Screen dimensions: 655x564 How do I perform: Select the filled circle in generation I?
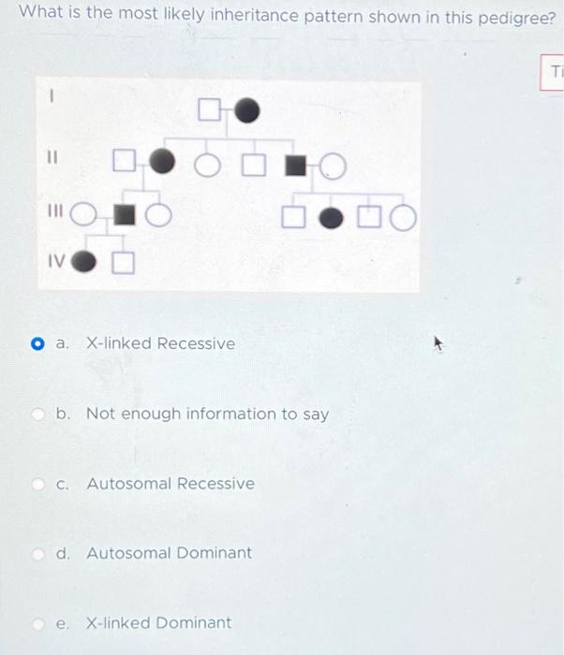(x=246, y=111)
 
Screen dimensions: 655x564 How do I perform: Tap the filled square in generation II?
(x=296, y=166)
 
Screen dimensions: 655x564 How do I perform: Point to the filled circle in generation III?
(x=332, y=219)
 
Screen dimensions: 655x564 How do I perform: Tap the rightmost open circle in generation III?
(x=403, y=220)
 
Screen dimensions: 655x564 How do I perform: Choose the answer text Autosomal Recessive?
(x=170, y=484)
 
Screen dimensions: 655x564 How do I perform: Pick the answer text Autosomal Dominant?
(x=169, y=553)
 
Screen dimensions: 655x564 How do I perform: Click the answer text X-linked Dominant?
(x=158, y=622)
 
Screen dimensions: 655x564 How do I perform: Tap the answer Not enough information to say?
(x=207, y=414)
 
